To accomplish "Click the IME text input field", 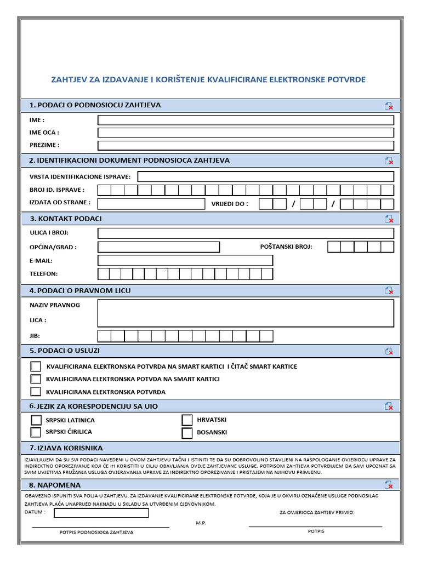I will tap(246, 120).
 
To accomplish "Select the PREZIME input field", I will tap(246, 145).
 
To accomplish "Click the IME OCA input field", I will tap(246, 133).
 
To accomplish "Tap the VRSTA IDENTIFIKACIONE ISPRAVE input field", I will tap(265, 176).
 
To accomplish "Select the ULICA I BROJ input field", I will tap(246, 233).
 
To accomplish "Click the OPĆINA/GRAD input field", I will tap(158, 247).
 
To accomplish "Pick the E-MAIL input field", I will tap(185, 261).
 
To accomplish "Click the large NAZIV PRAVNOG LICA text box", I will tap(246, 313).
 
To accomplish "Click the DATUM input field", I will tap(101, 513).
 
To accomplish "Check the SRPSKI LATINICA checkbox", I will tap(36, 420).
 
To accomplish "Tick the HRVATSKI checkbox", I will tap(187, 420).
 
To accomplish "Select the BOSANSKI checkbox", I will tap(187, 433).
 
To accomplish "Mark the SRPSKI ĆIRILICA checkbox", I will tap(36, 432).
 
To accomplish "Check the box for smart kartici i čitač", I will tap(36, 366).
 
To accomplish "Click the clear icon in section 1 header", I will tap(389, 106).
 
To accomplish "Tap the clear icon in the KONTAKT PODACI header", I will tap(389, 219).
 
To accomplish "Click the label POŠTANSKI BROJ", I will tap(286, 247).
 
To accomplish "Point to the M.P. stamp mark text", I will tap(201, 523).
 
